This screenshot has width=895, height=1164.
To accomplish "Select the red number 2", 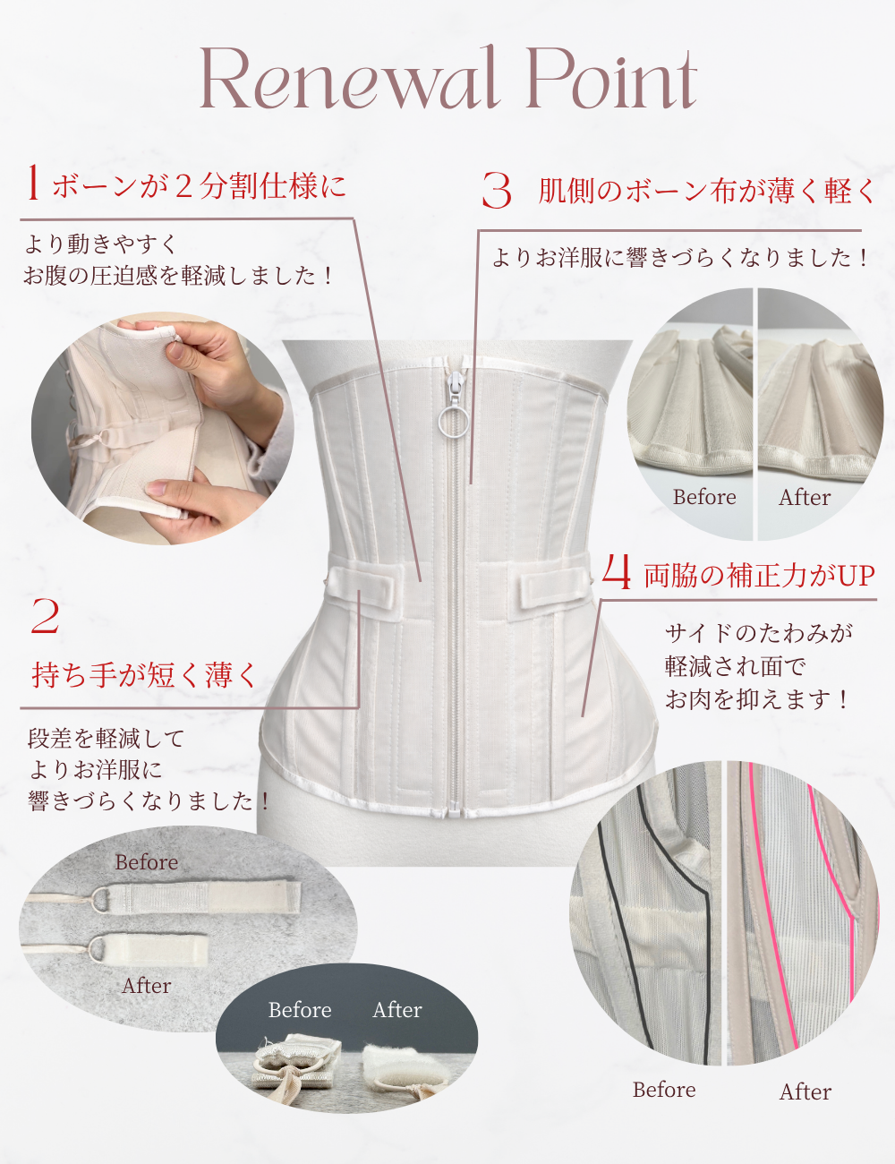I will tap(45, 617).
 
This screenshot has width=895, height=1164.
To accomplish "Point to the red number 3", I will tap(497, 191).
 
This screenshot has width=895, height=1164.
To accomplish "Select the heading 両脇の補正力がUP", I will tap(759, 575).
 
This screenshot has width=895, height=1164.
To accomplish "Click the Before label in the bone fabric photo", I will tap(704, 497).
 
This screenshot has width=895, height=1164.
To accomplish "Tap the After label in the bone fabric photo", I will tap(805, 497).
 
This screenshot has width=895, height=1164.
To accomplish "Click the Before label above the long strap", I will tap(147, 862).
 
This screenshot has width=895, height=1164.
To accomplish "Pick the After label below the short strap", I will tap(147, 986).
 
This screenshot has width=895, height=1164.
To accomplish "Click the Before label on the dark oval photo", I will tap(300, 1010).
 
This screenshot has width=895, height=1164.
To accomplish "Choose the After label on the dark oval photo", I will tap(397, 1010).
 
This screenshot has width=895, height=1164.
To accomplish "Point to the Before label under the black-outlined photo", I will tap(664, 1090).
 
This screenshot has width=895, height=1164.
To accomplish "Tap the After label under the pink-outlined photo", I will tap(805, 1091).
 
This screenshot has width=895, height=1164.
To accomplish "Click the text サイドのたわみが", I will tap(759, 633).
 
